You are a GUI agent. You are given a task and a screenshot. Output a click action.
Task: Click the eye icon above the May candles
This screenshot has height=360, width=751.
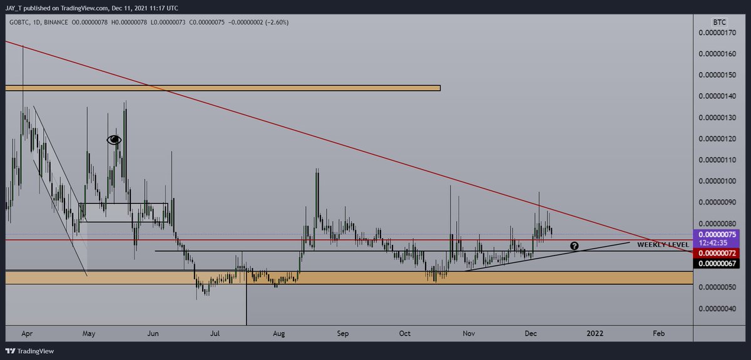click(x=114, y=140)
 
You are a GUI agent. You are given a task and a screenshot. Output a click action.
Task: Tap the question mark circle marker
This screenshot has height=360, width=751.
click(x=573, y=246)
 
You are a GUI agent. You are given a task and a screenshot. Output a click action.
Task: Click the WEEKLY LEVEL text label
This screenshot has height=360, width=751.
click(x=663, y=244)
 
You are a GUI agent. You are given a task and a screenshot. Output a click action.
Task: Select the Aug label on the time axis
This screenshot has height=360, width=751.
click(x=278, y=334)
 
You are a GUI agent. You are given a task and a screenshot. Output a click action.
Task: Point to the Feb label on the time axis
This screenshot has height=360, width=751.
click(x=659, y=334)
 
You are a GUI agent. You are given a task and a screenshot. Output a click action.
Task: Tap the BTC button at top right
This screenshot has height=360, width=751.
click(x=719, y=21)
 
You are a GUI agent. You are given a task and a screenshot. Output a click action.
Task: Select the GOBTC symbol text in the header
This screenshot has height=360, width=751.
click(x=17, y=22)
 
